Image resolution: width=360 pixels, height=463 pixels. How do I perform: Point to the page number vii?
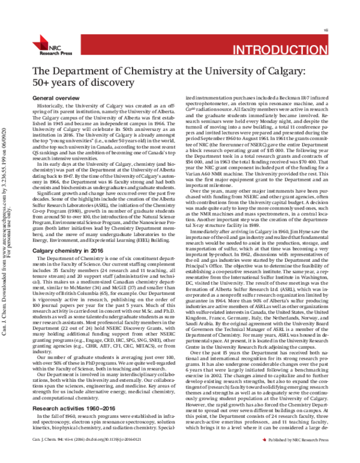click(342, 28)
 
